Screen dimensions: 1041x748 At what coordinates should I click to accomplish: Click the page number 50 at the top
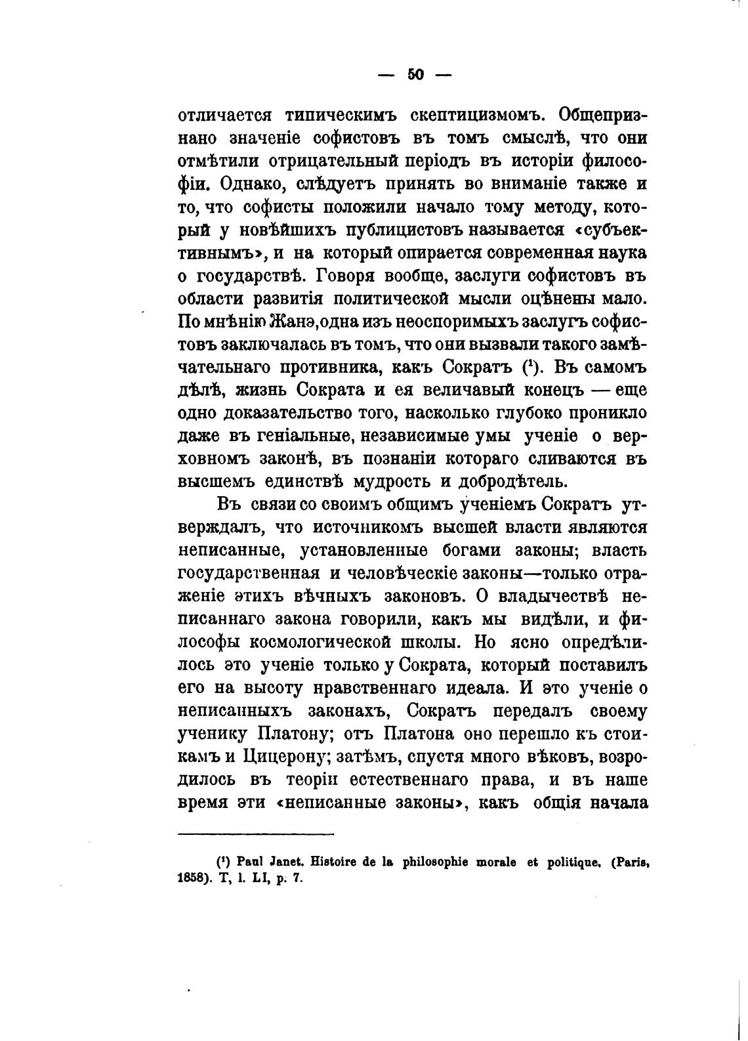(x=416, y=74)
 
